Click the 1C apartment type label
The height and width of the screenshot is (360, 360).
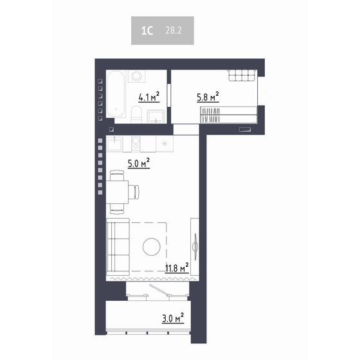147,30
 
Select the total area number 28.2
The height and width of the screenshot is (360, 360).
172,30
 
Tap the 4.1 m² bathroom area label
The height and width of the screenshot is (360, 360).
148,98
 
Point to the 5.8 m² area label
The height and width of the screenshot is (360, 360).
208,98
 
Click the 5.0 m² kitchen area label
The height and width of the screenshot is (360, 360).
138,163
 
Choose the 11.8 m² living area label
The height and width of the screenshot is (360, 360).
176,267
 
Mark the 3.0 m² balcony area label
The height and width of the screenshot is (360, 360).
172,318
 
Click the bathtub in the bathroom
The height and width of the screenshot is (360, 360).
116,95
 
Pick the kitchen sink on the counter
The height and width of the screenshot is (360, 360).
115,142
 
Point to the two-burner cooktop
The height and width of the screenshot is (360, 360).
136,142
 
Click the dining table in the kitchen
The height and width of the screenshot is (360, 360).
117,191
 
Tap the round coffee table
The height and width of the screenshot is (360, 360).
152,247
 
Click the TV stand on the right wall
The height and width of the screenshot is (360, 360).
195,245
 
